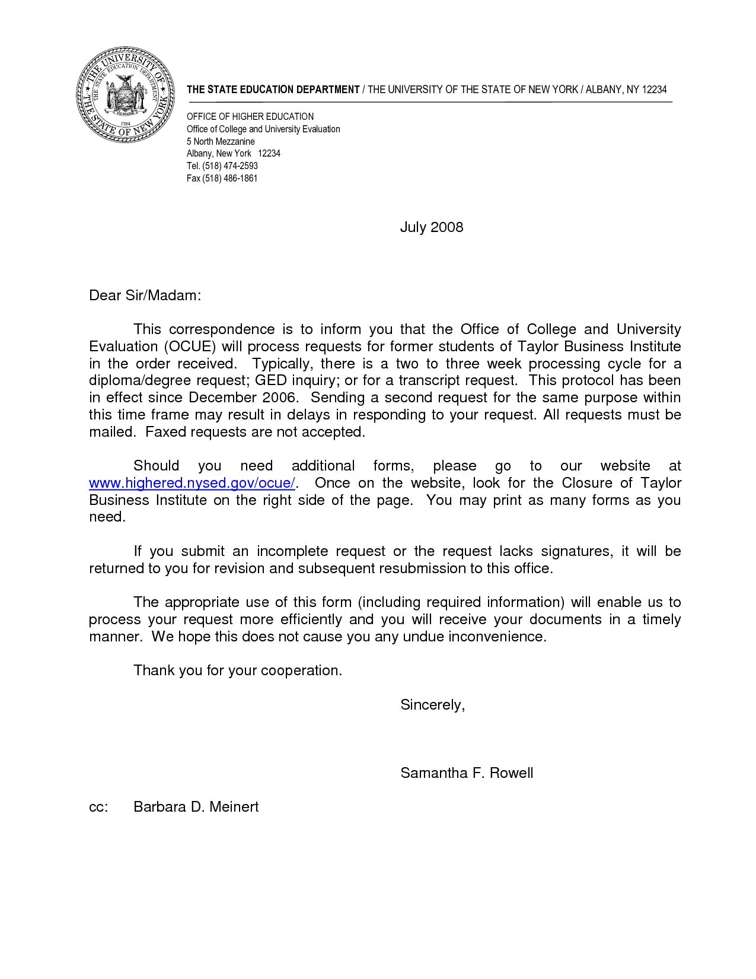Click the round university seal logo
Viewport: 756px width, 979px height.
tap(126, 95)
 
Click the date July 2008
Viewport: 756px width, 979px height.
tap(431, 227)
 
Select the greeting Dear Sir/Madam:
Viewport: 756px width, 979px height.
tap(145, 295)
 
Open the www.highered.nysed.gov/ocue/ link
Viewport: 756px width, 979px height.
tap(192, 483)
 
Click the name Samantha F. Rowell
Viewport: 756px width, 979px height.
tap(467, 773)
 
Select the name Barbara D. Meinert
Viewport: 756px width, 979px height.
tap(196, 807)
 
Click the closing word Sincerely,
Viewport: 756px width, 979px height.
tap(432, 705)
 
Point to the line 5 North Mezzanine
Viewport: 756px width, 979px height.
tap(221, 142)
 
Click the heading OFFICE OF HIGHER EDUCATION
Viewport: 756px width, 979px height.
tap(250, 117)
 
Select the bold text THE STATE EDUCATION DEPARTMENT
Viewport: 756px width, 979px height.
tap(273, 90)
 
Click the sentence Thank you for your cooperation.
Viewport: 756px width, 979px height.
tap(238, 670)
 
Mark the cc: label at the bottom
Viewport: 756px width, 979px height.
tap(98, 807)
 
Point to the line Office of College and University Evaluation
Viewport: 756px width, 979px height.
tap(263, 129)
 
